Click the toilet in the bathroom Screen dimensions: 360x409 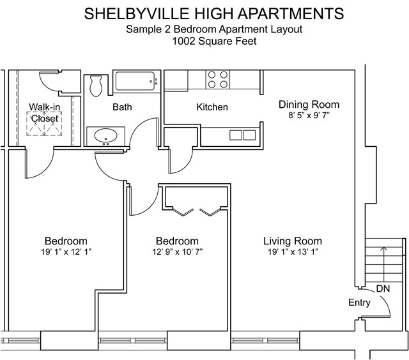(96, 84)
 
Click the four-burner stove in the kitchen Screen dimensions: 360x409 (218, 79)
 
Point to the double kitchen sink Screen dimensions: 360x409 (242, 135)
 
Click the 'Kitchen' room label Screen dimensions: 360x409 (212, 107)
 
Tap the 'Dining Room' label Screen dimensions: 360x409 (309, 105)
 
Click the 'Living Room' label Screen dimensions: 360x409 (292, 241)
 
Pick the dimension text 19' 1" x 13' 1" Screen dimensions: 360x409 (292, 252)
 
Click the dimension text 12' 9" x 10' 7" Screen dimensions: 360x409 (177, 252)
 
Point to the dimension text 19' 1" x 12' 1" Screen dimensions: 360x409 (65, 252)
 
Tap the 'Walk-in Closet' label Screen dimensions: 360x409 (43, 112)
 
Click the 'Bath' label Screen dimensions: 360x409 (122, 107)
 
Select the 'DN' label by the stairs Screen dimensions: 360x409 (383, 289)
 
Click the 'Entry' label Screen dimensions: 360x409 (359, 303)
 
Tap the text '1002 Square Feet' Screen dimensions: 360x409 (204, 41)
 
